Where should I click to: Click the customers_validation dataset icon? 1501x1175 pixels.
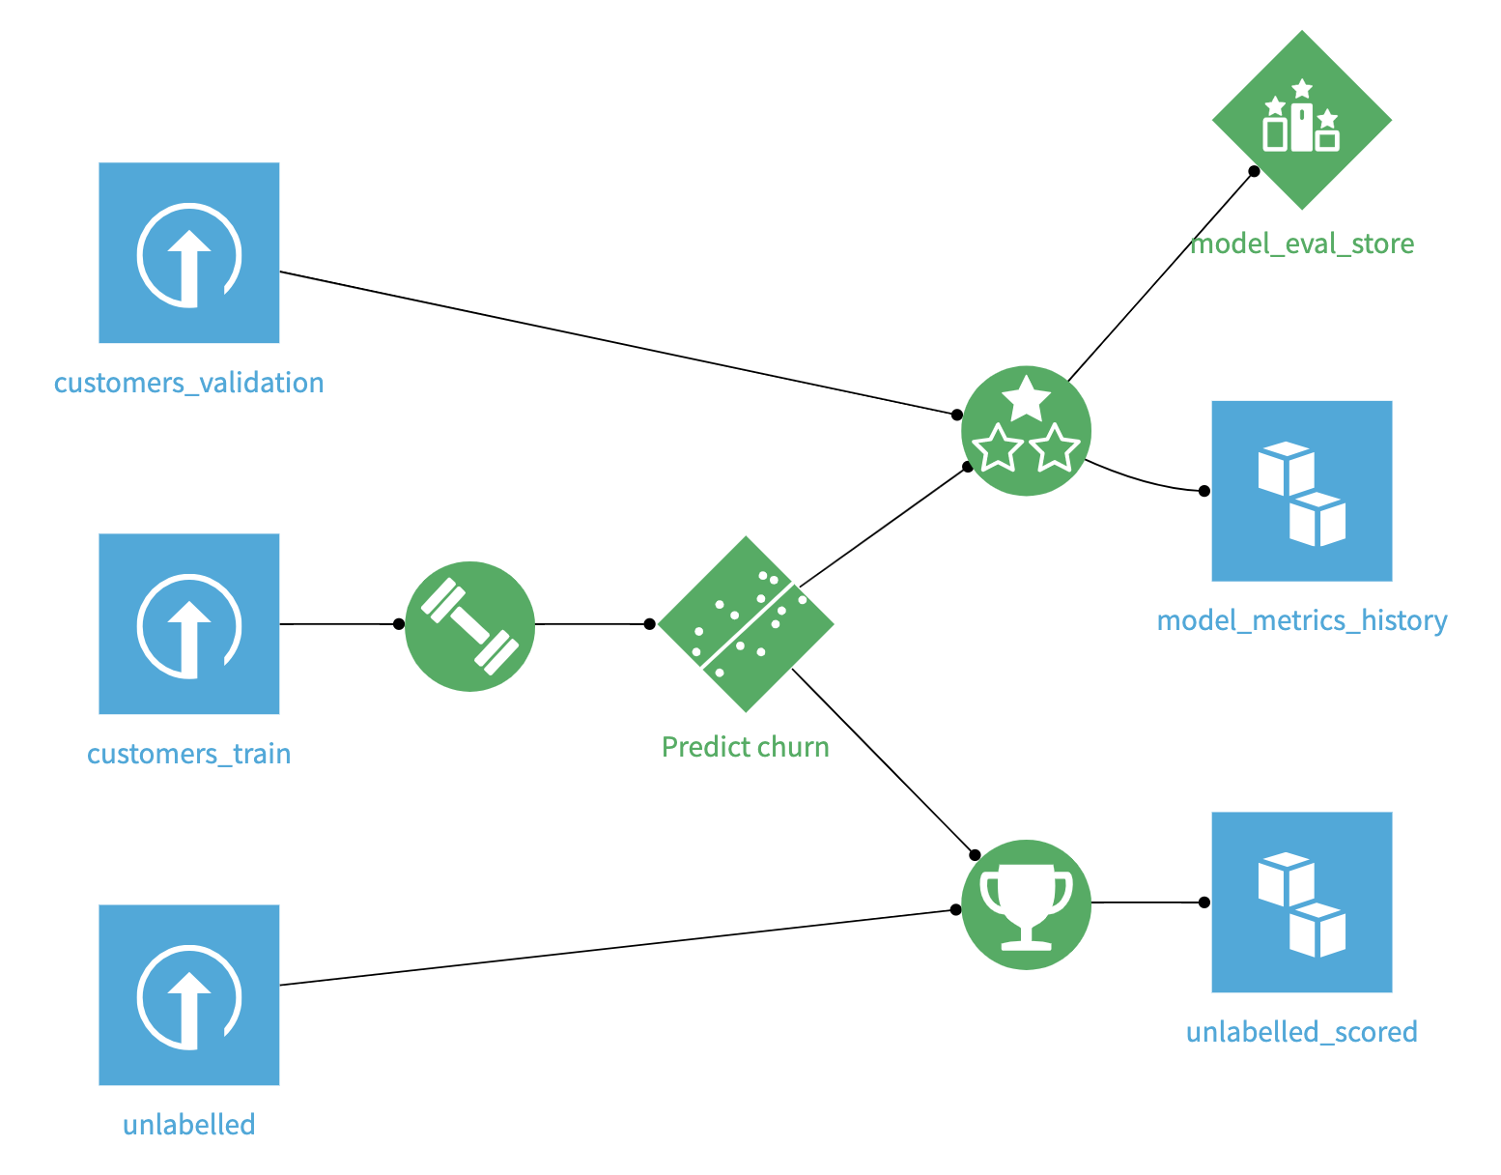[189, 252]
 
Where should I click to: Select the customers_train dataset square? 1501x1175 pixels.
[189, 623]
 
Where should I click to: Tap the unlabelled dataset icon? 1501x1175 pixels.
[189, 994]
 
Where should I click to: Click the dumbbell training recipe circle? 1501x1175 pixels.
[469, 625]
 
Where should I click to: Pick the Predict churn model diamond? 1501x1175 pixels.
[746, 623]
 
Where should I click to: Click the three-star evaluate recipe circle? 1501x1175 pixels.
[1026, 431]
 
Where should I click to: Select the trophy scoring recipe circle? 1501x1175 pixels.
[1026, 903]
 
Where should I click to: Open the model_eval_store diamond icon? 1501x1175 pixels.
[1301, 120]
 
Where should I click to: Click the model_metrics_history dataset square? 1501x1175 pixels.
[1301, 491]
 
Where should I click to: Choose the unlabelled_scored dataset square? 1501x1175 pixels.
[1301, 902]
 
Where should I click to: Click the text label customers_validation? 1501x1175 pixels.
[189, 383]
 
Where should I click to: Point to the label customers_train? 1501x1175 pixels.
[189, 754]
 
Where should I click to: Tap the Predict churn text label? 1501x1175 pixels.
[746, 747]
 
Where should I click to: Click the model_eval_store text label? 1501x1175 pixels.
[1302, 244]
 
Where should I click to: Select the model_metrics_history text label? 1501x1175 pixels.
[1302, 620]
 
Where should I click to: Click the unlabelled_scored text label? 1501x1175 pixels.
[1301, 1032]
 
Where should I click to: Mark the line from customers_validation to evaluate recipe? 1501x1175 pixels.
[618, 343]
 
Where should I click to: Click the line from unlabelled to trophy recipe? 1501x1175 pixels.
[618, 948]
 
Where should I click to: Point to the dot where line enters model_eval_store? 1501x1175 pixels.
[1254, 171]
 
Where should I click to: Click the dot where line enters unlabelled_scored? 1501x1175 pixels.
[1204, 903]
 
